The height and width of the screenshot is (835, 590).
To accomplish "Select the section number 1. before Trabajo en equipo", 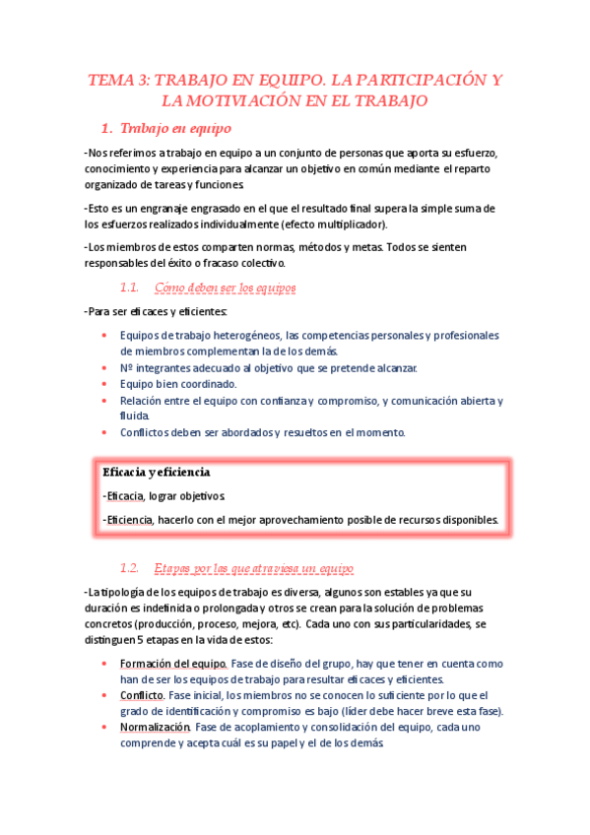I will [108, 128].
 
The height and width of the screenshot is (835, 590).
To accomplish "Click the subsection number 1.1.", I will [131, 288].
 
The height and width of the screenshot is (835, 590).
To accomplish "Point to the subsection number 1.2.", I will [131, 569].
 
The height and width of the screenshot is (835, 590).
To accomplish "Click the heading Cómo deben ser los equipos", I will [226, 288].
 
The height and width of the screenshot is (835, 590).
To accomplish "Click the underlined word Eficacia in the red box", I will [124, 496].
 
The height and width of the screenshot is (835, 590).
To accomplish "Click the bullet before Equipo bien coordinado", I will [106, 384].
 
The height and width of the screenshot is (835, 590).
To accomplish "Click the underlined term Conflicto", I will [142, 695].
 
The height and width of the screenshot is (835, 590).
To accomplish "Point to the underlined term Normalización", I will [155, 727].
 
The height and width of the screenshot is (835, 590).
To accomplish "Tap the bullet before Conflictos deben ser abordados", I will [106, 432].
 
